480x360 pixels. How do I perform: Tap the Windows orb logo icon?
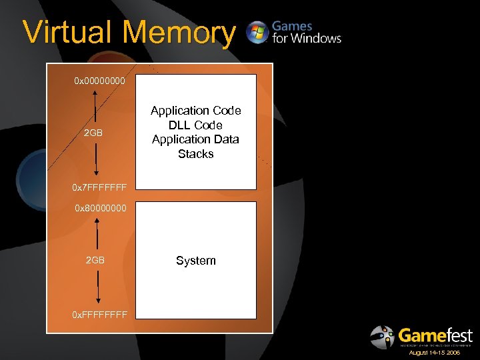coord(257,32)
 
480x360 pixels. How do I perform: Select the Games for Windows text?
coord(306,32)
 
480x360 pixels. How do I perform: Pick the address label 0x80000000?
coord(100,209)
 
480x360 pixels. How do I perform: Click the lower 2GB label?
coord(95,260)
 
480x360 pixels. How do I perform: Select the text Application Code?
coord(195,111)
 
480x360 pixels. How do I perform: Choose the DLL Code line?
coord(195,125)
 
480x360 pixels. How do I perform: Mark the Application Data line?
coord(195,139)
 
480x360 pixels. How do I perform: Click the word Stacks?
coord(195,154)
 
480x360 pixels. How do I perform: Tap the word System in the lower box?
coord(195,261)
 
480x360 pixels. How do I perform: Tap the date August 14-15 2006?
coord(434,353)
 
